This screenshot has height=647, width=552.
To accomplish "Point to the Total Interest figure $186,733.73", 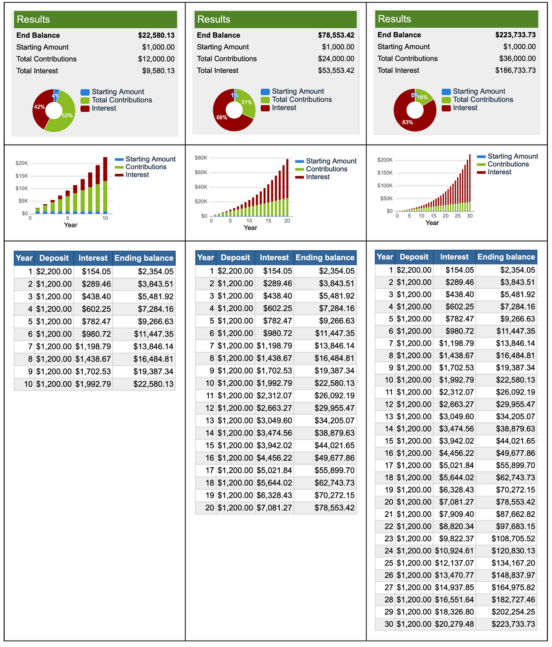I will coord(515,70).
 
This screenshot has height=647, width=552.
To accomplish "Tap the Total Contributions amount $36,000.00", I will coord(517,58).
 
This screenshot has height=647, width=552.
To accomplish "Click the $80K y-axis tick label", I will coord(201,158).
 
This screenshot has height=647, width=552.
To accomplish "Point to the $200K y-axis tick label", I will coord(385,160).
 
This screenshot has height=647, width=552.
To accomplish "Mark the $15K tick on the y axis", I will coord(22,176).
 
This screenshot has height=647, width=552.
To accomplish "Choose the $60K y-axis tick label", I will coord(201,172).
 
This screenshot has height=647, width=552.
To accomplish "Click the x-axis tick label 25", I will coord(457,216).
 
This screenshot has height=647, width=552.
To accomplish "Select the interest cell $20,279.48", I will coord(454,624).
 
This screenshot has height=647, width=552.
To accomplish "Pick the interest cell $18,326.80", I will coord(454,612).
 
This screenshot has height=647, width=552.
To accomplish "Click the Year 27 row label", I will coord(389,587).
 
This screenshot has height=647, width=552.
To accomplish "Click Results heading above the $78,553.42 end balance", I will coord(214,19).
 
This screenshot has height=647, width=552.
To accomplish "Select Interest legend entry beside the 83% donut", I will coord(465,108).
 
